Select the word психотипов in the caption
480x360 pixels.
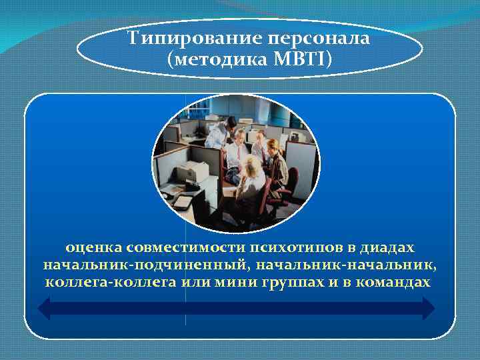pos(295,247)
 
